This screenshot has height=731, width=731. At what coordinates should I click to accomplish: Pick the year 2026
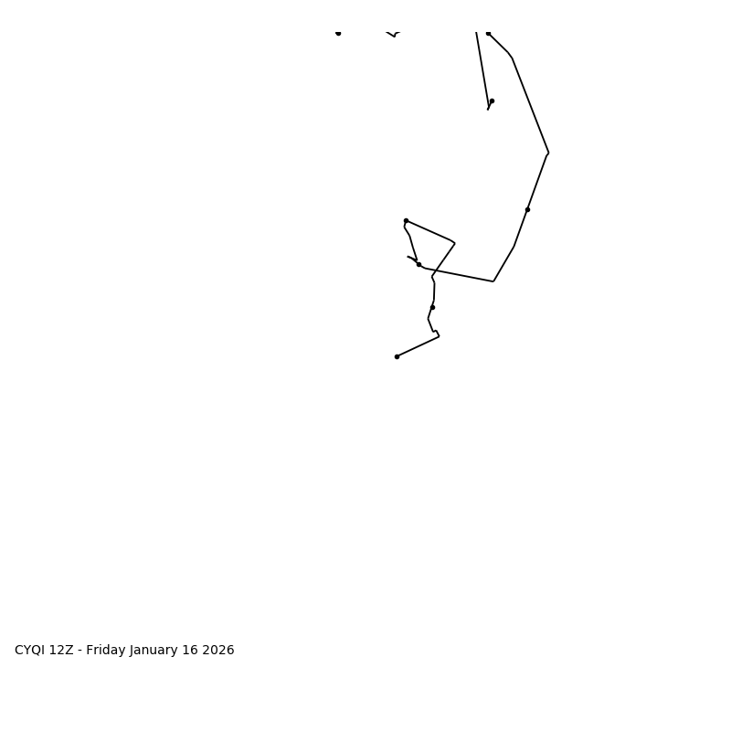point(219,651)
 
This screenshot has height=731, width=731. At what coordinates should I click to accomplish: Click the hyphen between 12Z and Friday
point(79,651)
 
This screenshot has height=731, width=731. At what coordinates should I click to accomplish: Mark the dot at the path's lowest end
point(397,356)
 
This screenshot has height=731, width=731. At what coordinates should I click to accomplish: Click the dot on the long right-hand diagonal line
point(527,209)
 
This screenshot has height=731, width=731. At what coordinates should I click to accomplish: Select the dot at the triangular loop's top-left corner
point(406,220)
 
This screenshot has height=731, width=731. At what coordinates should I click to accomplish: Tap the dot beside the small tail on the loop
point(418,264)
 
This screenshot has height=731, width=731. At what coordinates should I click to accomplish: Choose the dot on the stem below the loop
point(432,307)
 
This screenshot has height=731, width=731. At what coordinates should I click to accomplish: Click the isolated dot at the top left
point(338,33)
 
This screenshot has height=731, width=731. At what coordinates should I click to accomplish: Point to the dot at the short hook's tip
point(492,101)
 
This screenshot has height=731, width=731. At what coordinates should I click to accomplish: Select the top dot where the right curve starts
point(488,33)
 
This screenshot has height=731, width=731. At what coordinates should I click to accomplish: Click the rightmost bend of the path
point(548,153)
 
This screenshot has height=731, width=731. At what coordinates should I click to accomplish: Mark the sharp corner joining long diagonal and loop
point(493,281)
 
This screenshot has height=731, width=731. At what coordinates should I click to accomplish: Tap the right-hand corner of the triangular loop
point(454,243)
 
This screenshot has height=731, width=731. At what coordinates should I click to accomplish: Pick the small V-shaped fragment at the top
point(394,35)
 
